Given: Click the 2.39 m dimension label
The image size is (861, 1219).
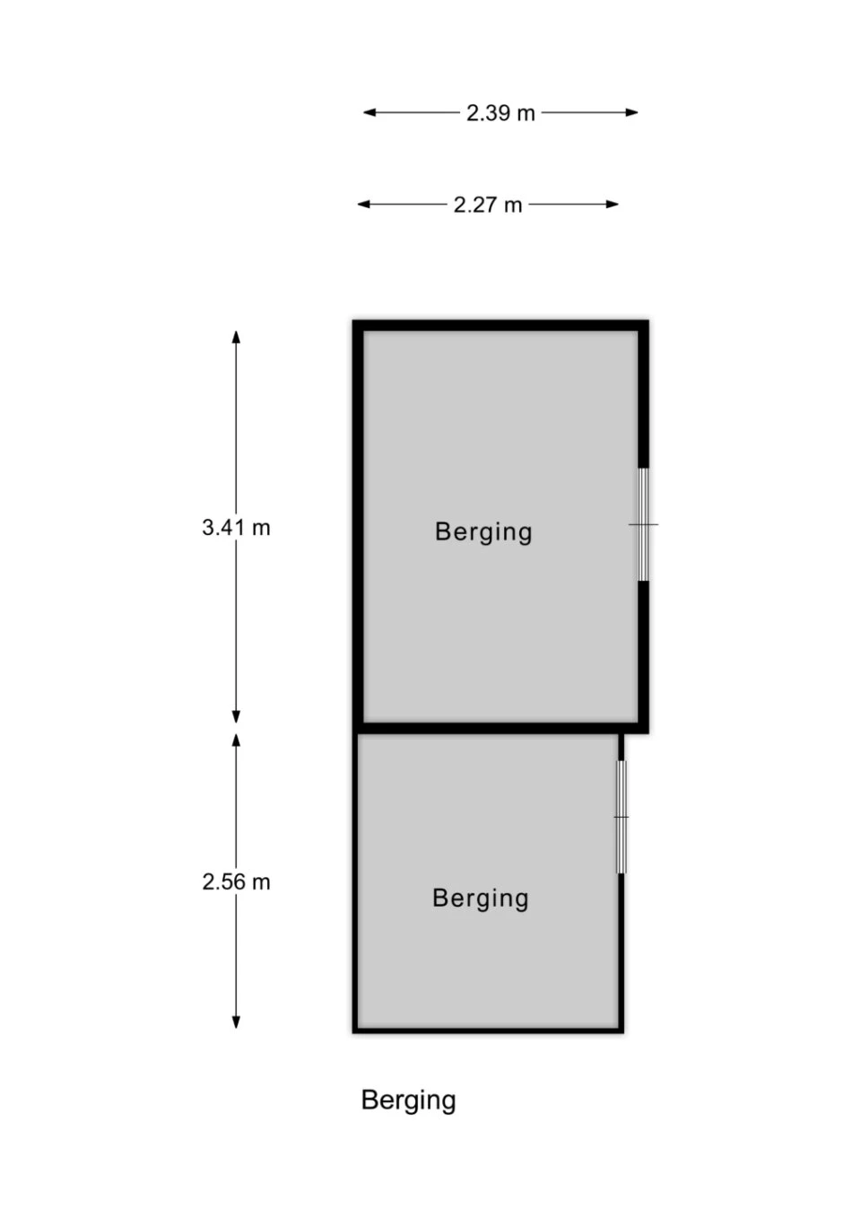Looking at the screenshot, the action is pyautogui.click(x=500, y=113).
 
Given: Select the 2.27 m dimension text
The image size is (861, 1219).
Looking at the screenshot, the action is pyautogui.click(x=488, y=205).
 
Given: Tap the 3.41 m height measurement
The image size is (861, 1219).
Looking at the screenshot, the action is pyautogui.click(x=236, y=527).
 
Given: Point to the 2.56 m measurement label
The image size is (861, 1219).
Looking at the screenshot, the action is pyautogui.click(x=236, y=881).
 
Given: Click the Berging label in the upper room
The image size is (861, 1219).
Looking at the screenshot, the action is pyautogui.click(x=483, y=533).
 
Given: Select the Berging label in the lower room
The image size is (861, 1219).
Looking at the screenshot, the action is pyautogui.click(x=481, y=899).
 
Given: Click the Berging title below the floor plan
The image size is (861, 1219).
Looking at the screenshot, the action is pyautogui.click(x=408, y=1101).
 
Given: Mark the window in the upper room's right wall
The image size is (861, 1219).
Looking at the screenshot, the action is pyautogui.click(x=643, y=524).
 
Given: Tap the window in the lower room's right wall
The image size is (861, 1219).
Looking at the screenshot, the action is pyautogui.click(x=622, y=817).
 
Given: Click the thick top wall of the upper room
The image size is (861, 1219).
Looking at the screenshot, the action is pyautogui.click(x=500, y=326).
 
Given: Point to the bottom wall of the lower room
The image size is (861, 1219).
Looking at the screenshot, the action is pyautogui.click(x=488, y=1030).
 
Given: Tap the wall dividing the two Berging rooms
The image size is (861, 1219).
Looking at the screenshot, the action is pyautogui.click(x=500, y=728).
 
